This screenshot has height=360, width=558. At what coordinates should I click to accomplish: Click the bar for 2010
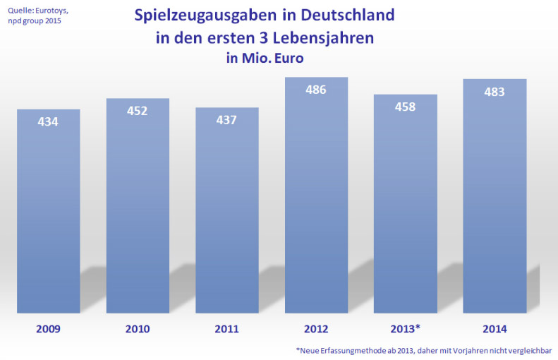138,212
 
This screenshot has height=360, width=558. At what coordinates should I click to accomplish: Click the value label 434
48,121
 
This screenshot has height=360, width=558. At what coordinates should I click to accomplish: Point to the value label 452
138,111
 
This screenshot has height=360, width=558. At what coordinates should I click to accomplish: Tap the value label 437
227,119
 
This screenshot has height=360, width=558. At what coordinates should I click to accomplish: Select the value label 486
316,90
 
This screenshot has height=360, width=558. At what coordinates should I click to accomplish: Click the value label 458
406,107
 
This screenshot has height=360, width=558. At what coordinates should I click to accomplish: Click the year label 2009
48,328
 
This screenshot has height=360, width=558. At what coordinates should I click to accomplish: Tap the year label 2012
316,328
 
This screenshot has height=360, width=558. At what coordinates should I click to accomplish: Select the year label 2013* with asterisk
406,328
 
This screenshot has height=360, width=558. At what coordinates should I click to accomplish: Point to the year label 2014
495,328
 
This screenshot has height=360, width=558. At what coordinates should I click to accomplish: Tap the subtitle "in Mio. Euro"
265,59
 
